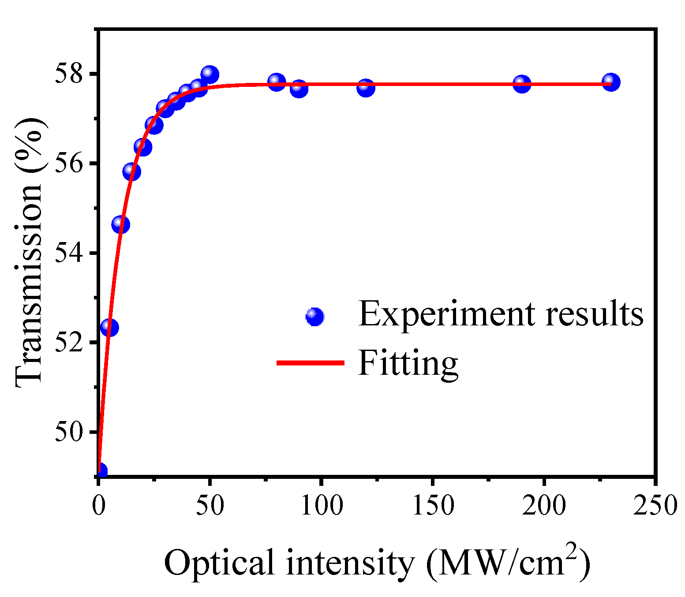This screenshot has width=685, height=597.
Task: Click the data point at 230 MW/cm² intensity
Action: (611, 82)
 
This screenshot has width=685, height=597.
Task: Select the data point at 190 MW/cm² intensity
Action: (522, 84)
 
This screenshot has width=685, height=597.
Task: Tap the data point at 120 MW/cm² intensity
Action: (366, 87)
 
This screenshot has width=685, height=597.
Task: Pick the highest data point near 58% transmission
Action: (210, 74)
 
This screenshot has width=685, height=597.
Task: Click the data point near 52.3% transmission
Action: (109, 327)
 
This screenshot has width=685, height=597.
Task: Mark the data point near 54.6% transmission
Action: (120, 224)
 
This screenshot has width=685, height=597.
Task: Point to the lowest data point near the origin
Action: (101, 471)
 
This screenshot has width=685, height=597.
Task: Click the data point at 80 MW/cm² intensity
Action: (277, 82)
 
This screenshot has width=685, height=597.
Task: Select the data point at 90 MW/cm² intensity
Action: (299, 88)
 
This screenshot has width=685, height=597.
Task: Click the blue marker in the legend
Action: (315, 316)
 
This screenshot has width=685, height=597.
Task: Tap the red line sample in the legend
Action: (310, 363)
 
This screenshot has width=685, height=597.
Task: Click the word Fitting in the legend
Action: (408, 363)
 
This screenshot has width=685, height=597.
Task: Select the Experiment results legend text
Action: (501, 314)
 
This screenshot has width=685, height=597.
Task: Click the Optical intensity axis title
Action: (377, 563)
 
